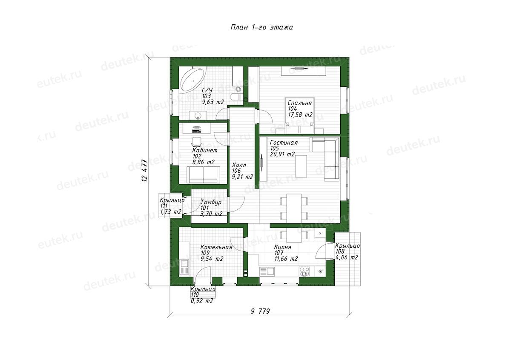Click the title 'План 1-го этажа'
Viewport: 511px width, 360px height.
pyautogui.click(x=261, y=27)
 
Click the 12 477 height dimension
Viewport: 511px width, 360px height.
pyautogui.click(x=145, y=170)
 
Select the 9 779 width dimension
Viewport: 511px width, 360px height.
pyautogui.click(x=260, y=311)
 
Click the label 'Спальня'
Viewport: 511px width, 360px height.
pyautogui.click(x=299, y=103)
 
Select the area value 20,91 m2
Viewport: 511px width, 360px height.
pyautogui.click(x=282, y=154)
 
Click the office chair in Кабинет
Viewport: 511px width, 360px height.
pyautogui.click(x=197, y=142)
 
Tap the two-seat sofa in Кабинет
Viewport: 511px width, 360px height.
pyautogui.click(x=203, y=174)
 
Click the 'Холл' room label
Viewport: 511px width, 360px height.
pyautogui.click(x=239, y=165)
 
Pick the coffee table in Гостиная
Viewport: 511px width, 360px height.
pyautogui.click(x=301, y=166)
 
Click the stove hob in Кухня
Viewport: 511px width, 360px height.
pyautogui.click(x=304, y=271)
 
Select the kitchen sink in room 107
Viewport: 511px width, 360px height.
pyautogui.click(x=267, y=271)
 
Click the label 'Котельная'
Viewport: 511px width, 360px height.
pyautogui.click(x=216, y=247)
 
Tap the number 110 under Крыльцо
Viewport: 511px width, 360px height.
pyautogui.click(x=195, y=295)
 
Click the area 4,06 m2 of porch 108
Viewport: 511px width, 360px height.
pyautogui.click(x=347, y=257)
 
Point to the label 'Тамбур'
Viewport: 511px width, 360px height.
pyautogui.click(x=211, y=202)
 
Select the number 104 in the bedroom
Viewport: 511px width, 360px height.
pyautogui.click(x=292, y=109)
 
